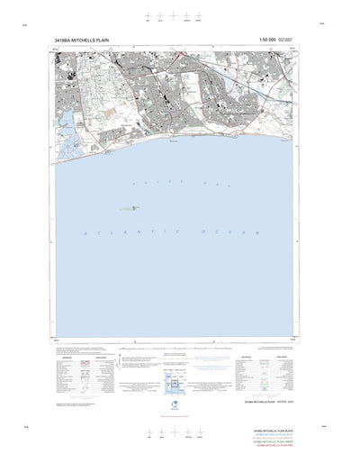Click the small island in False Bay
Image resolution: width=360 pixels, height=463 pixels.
pyautogui.click(x=135, y=208)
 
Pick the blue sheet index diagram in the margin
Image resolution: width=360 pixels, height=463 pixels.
pyautogui.click(x=175, y=386)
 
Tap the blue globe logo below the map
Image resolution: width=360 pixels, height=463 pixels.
pyautogui.click(x=175, y=404)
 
